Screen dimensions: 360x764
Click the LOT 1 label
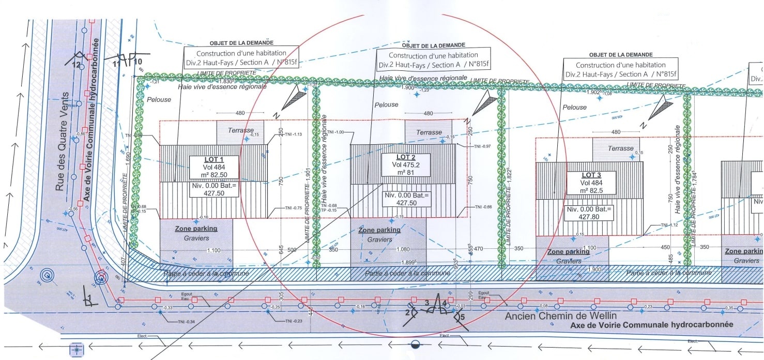[x=213, y=160]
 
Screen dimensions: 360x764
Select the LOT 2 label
[x=406, y=157]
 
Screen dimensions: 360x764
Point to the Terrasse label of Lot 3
[x=620, y=148]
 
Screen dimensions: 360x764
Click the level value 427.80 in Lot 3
[x=589, y=217]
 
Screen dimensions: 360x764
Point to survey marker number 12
[x=77, y=65]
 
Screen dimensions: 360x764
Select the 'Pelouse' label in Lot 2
[x=387, y=104]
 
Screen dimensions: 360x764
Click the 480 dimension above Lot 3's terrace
[x=615, y=132]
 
